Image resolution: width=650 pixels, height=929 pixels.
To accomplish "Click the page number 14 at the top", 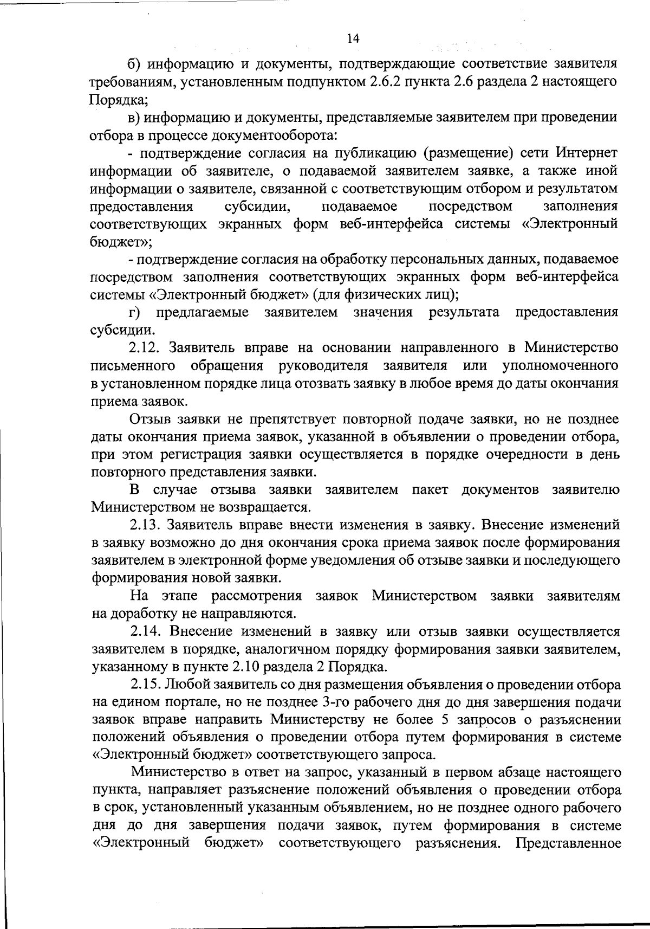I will click(352, 38).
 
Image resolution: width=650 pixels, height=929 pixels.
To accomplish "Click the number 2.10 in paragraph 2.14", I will click(281, 666).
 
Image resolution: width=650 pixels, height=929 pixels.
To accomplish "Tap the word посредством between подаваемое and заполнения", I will click(470, 207).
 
